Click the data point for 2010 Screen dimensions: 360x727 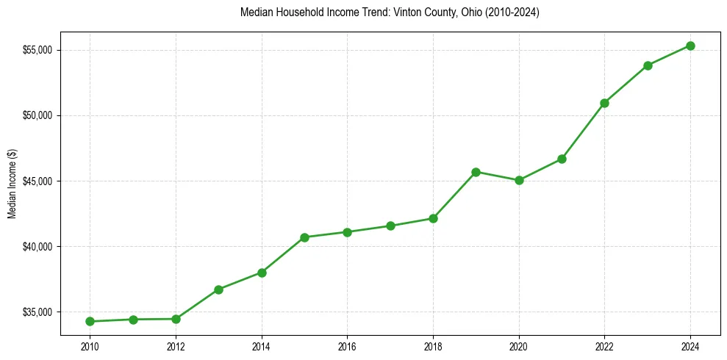click(x=90, y=321)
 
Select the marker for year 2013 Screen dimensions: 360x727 click(x=218, y=289)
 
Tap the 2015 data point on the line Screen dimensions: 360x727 click(x=304, y=237)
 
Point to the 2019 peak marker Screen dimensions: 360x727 click(x=476, y=172)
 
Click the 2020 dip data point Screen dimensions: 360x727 click(x=519, y=180)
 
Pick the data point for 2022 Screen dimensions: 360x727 click(x=604, y=103)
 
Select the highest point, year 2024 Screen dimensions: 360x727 click(x=690, y=46)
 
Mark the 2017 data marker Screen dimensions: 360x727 click(x=390, y=226)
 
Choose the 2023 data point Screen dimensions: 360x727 click(x=648, y=65)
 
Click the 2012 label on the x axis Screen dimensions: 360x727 click(x=176, y=346)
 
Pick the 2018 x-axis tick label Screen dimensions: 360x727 click(x=433, y=346)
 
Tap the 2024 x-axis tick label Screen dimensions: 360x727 click(x=690, y=346)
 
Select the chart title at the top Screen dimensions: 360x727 click(x=390, y=13)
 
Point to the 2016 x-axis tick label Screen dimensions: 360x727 click(x=347, y=346)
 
